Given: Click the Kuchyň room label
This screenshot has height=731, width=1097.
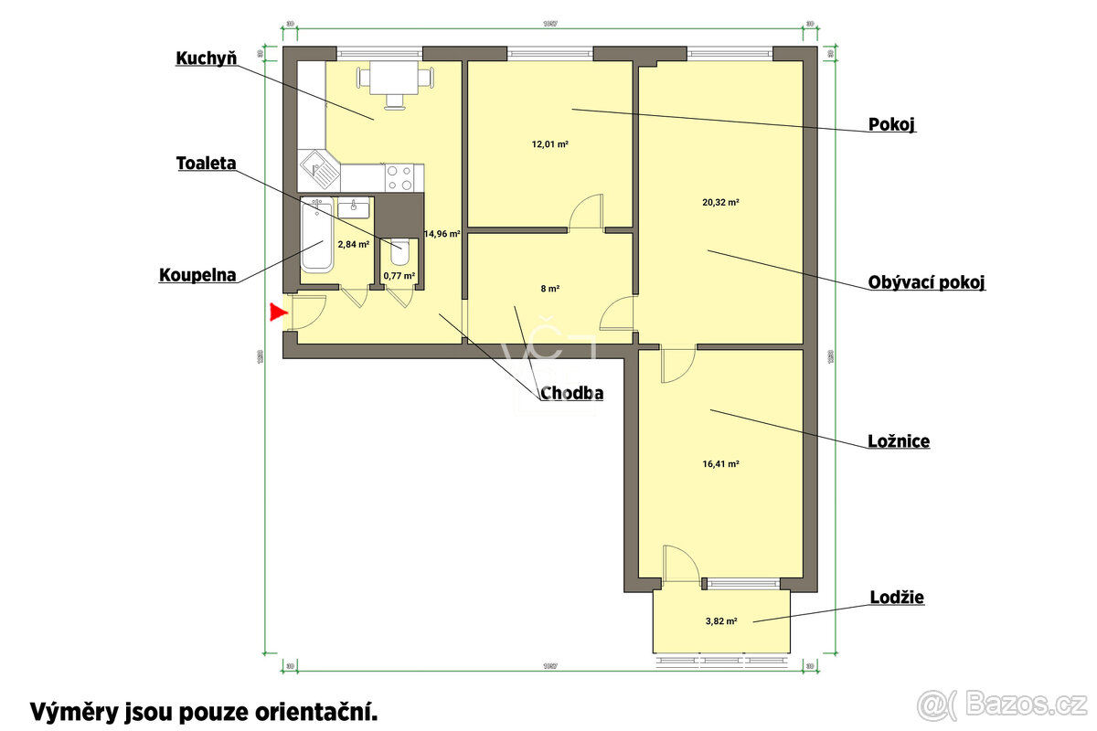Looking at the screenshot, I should click(207, 58).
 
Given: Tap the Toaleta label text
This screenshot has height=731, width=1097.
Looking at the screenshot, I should click(207, 164).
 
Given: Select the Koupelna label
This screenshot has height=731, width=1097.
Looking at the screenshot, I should click(198, 274).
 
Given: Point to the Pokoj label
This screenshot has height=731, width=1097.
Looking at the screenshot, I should click(891, 124).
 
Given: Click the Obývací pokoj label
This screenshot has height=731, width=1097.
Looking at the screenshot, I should click(926, 282).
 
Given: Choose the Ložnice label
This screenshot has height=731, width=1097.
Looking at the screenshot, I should click(899, 441).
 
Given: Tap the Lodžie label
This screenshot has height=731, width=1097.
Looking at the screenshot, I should click(896, 598).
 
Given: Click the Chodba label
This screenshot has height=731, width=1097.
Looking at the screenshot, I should click(572, 394).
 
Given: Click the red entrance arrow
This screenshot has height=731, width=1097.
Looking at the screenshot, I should click(279, 313).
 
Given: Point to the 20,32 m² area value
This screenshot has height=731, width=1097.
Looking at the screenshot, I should click(720, 203).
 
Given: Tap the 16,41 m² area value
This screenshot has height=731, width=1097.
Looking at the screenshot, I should click(720, 464).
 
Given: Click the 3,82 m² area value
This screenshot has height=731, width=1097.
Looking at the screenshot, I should click(720, 620).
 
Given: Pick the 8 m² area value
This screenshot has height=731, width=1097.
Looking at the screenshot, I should click(549, 289).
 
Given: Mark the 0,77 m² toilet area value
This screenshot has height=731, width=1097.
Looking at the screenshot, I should click(399, 275).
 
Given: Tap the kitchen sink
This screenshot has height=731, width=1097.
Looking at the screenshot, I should click(319, 170).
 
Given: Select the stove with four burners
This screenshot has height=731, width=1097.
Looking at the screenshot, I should click(400, 176).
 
